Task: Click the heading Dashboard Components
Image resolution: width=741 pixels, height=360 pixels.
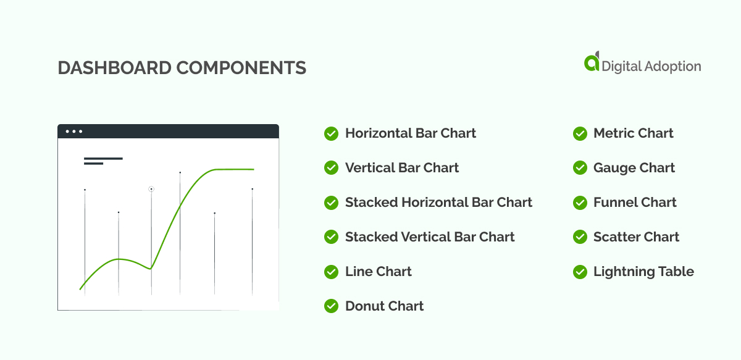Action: pyautogui.click(x=182, y=68)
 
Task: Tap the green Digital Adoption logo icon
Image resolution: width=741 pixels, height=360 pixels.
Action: pyautogui.click(x=592, y=62)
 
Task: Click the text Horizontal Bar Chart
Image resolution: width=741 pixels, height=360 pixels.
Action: pyautogui.click(x=411, y=133)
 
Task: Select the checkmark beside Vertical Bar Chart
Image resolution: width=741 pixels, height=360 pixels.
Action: pyautogui.click(x=331, y=168)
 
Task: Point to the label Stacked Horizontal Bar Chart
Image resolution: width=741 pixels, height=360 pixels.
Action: pyautogui.click(x=438, y=203)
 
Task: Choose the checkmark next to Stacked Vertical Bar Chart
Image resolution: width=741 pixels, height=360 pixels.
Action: pyautogui.click(x=331, y=237)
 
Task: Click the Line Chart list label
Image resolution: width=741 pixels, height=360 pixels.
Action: pyautogui.click(x=378, y=272)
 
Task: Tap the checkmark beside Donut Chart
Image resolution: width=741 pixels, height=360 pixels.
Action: pyautogui.click(x=331, y=306)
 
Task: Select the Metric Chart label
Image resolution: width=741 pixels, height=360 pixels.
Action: pyautogui.click(x=633, y=133)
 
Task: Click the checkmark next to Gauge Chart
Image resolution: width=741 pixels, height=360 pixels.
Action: pyautogui.click(x=580, y=168)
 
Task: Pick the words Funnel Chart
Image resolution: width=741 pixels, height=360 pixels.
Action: pyautogui.click(x=635, y=203)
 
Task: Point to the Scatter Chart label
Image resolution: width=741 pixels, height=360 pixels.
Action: pyautogui.click(x=636, y=237)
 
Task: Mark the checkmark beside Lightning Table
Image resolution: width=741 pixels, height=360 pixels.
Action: pyautogui.click(x=580, y=272)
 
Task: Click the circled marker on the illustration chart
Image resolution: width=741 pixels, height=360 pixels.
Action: pyautogui.click(x=151, y=189)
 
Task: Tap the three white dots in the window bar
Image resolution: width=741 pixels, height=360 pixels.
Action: pyautogui.click(x=74, y=132)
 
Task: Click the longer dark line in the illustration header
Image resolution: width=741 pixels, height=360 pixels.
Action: pyautogui.click(x=103, y=159)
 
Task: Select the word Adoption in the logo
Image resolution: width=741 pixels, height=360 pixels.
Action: pyautogui.click(x=669, y=66)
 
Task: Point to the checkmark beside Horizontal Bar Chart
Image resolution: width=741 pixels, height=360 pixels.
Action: pyautogui.click(x=331, y=133)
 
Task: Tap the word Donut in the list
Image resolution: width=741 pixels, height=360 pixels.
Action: pyautogui.click(x=364, y=306)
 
